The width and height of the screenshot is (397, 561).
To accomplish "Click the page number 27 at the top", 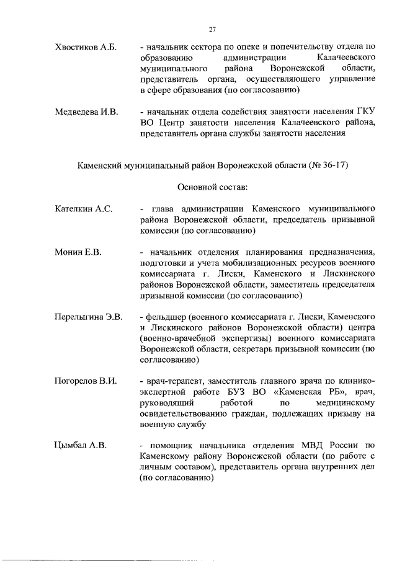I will (x=212, y=30).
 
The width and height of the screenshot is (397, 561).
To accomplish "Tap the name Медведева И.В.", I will (x=86, y=112).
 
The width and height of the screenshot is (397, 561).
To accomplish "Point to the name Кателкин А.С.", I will (x=84, y=209).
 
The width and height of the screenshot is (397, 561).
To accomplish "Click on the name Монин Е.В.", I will (x=78, y=253).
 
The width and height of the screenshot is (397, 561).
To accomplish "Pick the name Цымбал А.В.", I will (x=81, y=444).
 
